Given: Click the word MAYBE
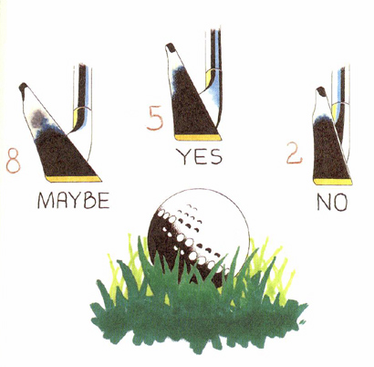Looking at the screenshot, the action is coord(74,200).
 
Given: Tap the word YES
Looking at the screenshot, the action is coord(200,156).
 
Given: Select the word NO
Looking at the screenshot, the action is coord(332,202).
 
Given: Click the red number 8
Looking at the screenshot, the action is coord(14,161).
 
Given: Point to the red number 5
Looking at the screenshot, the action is coord(155,120).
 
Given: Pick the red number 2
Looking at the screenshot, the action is coord(295,153).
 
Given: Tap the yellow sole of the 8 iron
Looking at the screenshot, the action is coord(73,179).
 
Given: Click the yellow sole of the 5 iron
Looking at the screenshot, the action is coord(198,138).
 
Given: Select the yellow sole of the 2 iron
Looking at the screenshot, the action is coord(333,182).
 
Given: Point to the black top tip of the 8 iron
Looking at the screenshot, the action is coord(23,87).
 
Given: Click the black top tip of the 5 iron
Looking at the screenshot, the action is coord(171,47).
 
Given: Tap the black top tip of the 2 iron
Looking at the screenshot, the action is coord(321,90).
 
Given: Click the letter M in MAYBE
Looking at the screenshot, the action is coord(45,201).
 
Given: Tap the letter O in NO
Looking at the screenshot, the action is coord(340,203).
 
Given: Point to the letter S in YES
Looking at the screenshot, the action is coord(216,156).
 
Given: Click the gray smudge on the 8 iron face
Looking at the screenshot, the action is coord(38,117).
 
